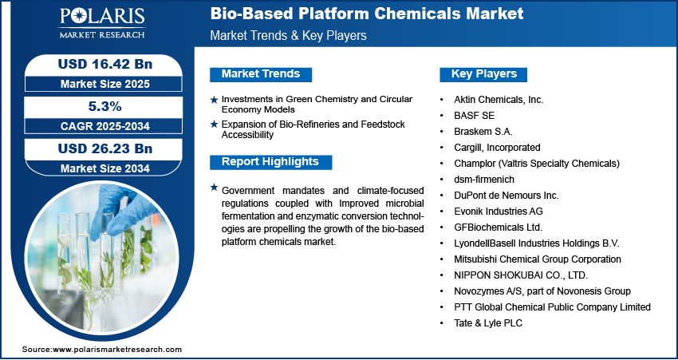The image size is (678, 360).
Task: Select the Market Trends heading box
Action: pos(261,74)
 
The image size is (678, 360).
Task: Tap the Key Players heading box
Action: pos(484,74)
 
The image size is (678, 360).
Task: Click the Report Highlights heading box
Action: pos(270,162)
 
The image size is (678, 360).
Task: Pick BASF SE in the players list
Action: pos(474,115)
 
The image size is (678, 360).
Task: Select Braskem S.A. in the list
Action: pos(483,131)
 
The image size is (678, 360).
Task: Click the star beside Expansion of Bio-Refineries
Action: pos(214,125)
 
